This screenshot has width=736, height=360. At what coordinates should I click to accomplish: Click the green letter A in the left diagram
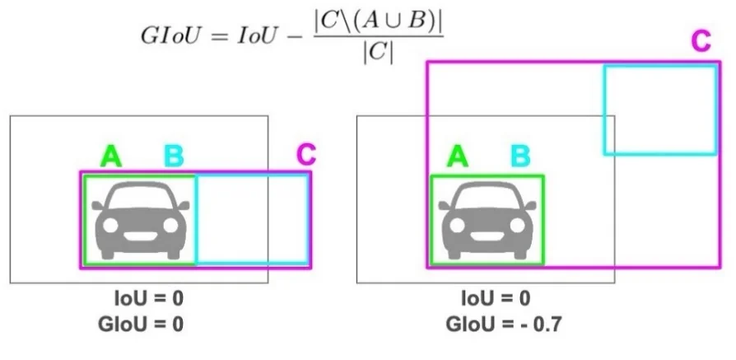pyautogui.click(x=111, y=156)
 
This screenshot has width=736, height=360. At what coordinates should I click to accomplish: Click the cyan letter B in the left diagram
pyautogui.click(x=175, y=156)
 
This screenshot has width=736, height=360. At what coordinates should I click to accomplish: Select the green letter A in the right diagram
pyautogui.click(x=458, y=156)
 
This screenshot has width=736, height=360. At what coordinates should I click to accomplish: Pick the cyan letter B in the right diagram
pyautogui.click(x=521, y=156)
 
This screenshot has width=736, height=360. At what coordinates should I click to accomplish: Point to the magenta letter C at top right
pyautogui.click(x=700, y=42)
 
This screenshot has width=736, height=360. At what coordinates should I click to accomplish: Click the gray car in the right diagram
pyautogui.click(x=487, y=219)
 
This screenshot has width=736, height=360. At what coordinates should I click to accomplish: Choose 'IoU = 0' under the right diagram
pyautogui.click(x=497, y=297)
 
